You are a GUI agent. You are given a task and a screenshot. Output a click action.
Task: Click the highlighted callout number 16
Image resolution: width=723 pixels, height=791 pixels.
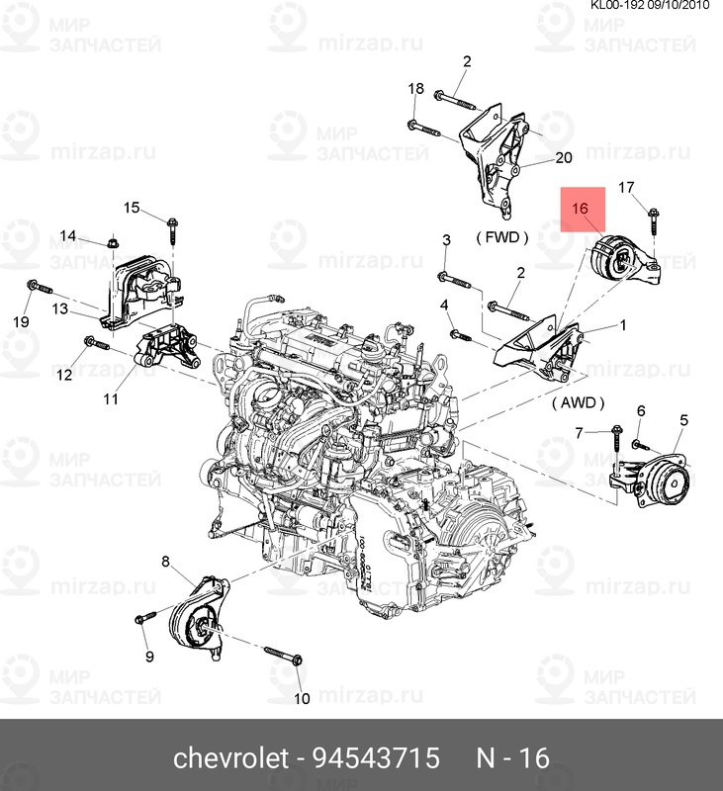point(580,208)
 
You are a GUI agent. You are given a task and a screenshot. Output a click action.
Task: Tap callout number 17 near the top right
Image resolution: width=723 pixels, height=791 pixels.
point(626,187)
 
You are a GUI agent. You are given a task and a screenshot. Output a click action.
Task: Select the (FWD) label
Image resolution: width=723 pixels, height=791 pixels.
point(502,237)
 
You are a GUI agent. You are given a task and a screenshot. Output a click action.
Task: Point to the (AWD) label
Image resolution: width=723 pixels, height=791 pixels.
point(578,402)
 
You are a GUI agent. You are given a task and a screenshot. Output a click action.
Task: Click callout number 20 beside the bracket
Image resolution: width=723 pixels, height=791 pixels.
point(564,158)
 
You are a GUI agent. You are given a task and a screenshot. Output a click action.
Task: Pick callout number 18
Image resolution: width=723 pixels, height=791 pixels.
point(415,88)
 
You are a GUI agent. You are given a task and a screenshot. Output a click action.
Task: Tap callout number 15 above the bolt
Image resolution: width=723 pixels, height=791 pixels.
point(132,208)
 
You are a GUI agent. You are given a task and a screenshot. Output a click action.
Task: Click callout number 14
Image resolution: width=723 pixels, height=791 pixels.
point(67,235)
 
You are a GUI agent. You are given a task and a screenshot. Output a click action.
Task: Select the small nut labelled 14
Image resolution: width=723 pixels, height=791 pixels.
point(114,241)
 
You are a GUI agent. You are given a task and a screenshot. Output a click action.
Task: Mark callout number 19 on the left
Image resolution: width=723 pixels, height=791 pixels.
point(21,321)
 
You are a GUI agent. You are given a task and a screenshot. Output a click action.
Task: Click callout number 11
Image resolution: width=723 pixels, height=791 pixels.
point(111,399)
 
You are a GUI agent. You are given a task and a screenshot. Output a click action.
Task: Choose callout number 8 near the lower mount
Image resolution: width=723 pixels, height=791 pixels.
point(165,561)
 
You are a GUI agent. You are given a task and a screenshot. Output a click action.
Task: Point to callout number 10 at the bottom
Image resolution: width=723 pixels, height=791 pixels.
point(302,698)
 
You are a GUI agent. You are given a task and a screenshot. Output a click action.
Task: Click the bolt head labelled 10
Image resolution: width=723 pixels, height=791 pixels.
point(297,659)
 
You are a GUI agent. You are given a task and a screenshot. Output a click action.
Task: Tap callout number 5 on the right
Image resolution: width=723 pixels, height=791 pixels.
point(683,419)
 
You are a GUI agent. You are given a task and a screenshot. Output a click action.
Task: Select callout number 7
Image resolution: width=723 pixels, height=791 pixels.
point(580,433)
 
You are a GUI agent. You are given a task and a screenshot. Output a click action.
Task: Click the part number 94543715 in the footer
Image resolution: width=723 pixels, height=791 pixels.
point(377,757)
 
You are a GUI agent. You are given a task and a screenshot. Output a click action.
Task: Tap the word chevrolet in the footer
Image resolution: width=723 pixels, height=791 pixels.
point(231,757)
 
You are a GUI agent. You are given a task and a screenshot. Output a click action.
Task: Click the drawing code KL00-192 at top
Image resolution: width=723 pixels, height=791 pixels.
point(617,6)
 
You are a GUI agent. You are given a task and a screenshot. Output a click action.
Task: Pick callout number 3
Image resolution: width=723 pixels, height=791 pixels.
point(446,239)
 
